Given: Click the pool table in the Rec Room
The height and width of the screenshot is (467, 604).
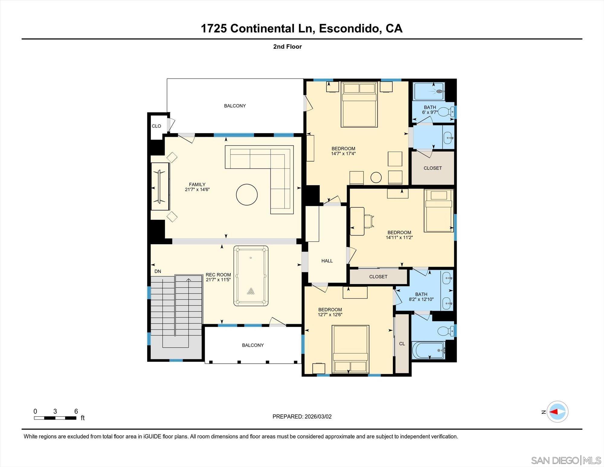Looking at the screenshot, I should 251,276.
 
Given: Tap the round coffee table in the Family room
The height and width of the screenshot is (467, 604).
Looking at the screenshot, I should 247,195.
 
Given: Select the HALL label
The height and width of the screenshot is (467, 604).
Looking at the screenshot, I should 327,261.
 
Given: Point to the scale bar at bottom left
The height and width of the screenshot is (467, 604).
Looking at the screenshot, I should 55,418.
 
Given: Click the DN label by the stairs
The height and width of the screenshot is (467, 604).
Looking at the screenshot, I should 158,271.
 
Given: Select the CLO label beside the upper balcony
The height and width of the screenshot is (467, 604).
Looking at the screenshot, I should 156,126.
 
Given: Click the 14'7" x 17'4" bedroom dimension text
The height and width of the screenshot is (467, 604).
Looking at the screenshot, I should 343,154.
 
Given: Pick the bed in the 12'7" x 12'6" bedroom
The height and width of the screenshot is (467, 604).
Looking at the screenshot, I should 350,349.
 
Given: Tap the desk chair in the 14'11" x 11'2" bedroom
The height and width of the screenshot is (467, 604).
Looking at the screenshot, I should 368,221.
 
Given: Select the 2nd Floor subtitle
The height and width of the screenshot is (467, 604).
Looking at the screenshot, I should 287,47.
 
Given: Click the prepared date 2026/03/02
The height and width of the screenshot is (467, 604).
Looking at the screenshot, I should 318,417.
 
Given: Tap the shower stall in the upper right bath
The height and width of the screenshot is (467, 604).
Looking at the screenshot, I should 429,91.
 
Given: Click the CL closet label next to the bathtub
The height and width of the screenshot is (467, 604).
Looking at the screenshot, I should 402,344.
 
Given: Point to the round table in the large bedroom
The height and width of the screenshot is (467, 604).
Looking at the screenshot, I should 376,177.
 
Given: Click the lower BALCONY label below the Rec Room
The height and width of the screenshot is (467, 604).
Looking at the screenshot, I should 253,345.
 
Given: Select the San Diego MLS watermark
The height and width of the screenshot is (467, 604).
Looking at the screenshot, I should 566,460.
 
